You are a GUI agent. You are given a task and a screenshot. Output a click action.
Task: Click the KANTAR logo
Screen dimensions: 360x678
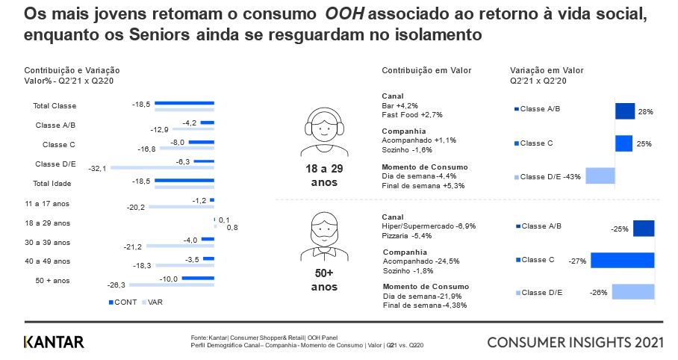pyautogui.click(x=54, y=342)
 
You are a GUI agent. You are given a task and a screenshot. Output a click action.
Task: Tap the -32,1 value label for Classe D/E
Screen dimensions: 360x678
pyautogui.click(x=99, y=168)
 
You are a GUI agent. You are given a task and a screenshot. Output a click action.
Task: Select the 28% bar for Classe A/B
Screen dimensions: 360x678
pyautogui.click(x=625, y=111)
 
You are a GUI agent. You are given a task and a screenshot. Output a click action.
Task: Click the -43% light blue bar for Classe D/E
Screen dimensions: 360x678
pyautogui.click(x=600, y=176)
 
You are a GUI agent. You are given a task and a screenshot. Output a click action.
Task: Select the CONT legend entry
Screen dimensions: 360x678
pyautogui.click(x=123, y=302)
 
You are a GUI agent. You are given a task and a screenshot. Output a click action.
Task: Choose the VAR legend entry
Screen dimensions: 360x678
pyautogui.click(x=153, y=302)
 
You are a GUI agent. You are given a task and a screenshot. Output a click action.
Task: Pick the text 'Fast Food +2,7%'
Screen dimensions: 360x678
pyautogui.click(x=412, y=115)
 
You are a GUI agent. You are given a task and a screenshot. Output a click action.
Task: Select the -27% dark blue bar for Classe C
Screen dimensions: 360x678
pyautogui.click(x=622, y=260)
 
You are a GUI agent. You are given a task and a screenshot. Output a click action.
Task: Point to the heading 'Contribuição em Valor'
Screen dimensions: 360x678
pyautogui.click(x=426, y=70)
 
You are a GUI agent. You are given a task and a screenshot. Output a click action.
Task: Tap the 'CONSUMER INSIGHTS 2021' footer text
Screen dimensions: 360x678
pyautogui.click(x=575, y=342)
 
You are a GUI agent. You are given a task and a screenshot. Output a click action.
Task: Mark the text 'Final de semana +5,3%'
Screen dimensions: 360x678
pyautogui.click(x=423, y=185)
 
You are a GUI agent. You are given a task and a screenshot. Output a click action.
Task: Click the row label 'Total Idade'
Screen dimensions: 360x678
pyautogui.click(x=52, y=183)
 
